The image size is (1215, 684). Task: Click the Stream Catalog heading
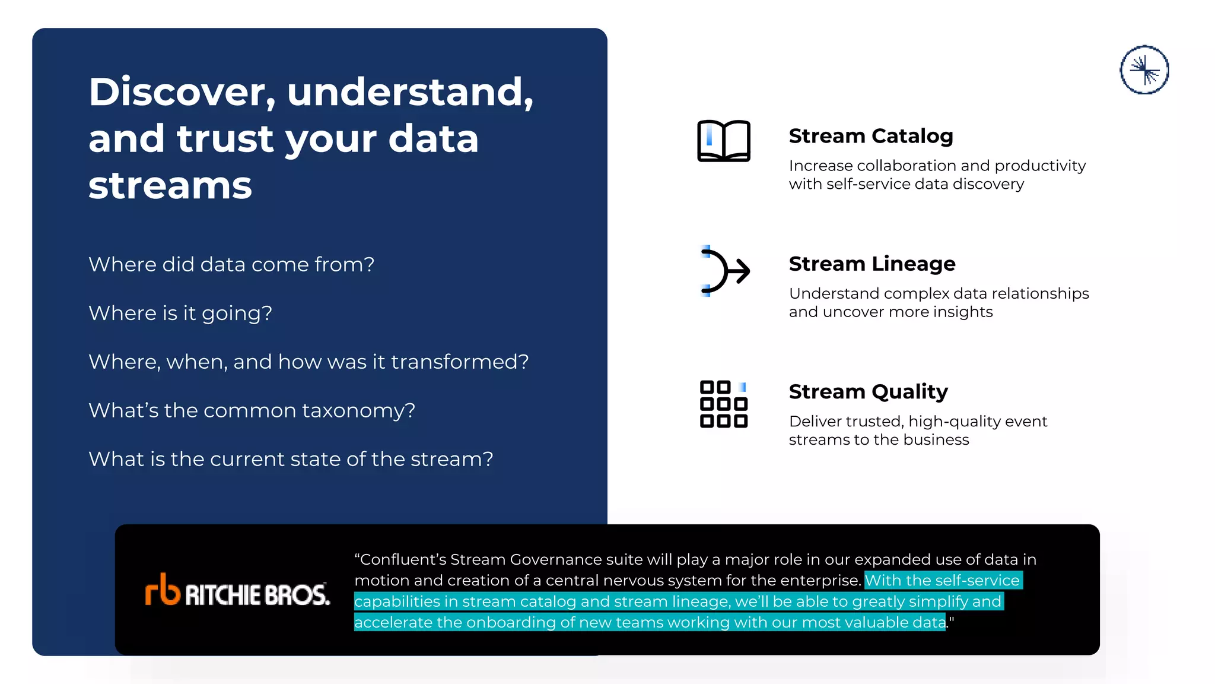[x=870, y=136]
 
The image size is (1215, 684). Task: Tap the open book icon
[x=723, y=141]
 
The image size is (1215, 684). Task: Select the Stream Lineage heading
[x=872, y=264]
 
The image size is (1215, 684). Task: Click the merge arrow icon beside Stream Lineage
[x=724, y=271]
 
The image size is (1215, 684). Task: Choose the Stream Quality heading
[x=868, y=392]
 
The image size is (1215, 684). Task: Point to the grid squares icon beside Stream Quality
[x=723, y=404]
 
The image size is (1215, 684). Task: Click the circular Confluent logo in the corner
[x=1144, y=70]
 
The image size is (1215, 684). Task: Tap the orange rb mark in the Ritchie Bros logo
[x=162, y=590]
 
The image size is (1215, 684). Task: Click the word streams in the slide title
[x=170, y=185]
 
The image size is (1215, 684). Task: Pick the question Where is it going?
[x=180, y=313]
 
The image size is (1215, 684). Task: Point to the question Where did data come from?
[x=231, y=265]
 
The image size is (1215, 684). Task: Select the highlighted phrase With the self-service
[x=942, y=581]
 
